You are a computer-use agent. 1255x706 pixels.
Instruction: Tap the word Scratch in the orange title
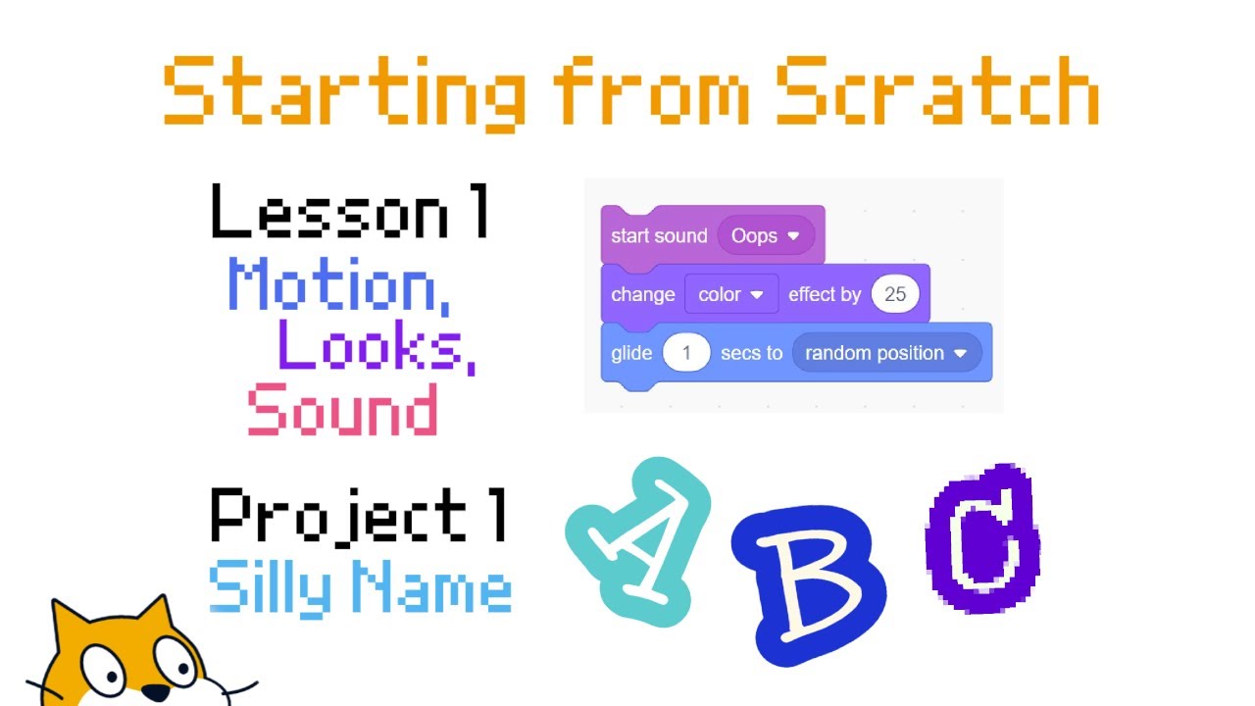(x=936, y=91)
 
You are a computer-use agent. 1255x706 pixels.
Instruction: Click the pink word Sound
(x=342, y=410)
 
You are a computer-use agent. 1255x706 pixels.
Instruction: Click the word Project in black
(x=339, y=517)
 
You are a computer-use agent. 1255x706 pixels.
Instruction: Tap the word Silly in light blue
(x=266, y=587)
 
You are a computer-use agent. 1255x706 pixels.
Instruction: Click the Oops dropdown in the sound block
(x=766, y=236)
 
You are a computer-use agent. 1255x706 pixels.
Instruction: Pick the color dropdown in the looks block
(x=730, y=294)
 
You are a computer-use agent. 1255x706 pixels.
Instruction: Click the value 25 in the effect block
(x=894, y=294)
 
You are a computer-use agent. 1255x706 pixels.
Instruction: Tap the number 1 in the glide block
(x=686, y=353)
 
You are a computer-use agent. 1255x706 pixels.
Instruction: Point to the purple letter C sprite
(x=981, y=539)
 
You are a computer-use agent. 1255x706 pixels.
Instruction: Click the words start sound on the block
(x=658, y=236)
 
